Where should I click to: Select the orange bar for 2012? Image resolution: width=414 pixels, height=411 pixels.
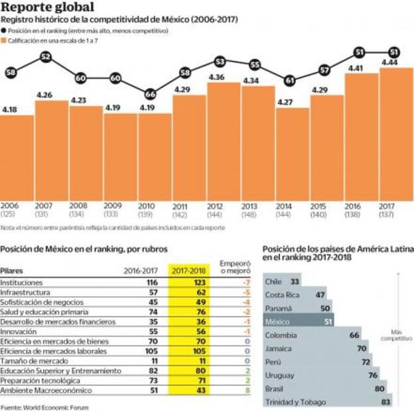[x=224, y=139]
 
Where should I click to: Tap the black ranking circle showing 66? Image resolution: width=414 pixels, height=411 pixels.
[x=151, y=94]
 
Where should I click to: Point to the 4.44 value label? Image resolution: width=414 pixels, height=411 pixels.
[x=389, y=62]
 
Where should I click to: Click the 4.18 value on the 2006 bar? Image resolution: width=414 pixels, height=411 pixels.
[x=10, y=109]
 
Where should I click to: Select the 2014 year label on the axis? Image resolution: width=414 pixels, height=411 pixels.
[x=291, y=206]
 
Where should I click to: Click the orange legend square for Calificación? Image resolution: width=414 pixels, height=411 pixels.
[x=4, y=41]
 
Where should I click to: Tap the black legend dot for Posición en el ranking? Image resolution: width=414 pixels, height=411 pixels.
[x=4, y=31]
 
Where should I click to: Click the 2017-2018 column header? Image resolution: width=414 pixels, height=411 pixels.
[x=189, y=270]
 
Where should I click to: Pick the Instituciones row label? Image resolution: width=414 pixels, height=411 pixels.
[x=23, y=282]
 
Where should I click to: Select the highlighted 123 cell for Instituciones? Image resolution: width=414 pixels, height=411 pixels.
[x=189, y=282]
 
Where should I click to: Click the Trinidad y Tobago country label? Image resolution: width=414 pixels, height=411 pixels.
[x=296, y=402]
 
